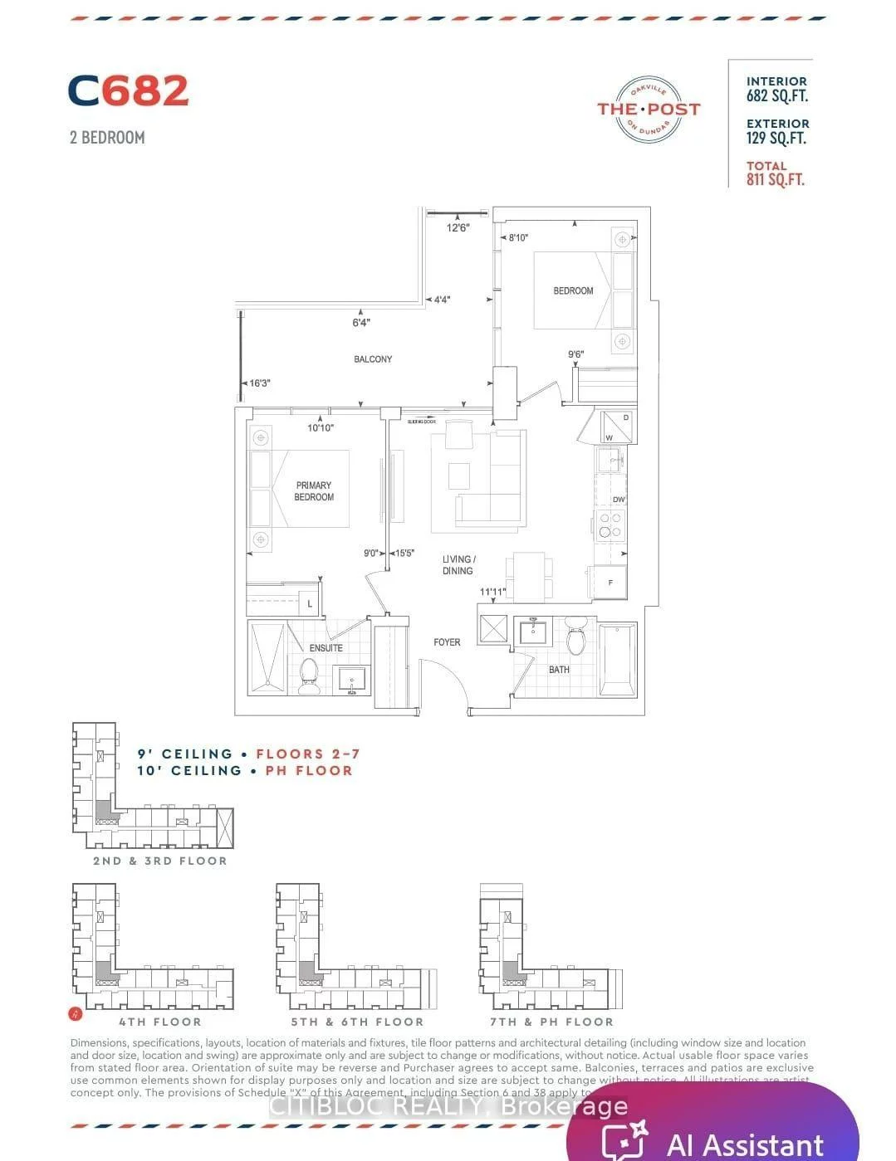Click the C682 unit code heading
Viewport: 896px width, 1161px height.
point(128,91)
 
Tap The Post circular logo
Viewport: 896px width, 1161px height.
point(649,110)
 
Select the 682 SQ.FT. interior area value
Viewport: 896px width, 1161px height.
point(776,96)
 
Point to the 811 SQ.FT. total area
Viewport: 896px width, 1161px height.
point(775,179)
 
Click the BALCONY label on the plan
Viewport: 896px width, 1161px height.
point(373,359)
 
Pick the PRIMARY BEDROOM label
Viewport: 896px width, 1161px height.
point(314,491)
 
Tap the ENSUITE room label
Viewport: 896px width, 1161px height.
point(326,648)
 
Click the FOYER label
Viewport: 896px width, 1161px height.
point(447,642)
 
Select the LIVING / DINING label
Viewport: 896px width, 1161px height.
point(458,565)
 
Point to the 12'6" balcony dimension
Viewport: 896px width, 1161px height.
point(458,227)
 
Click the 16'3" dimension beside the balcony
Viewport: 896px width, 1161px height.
point(260,383)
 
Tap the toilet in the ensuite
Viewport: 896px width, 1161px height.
point(309,676)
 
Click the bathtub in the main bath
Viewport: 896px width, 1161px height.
point(617,660)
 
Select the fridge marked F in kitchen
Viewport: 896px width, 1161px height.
point(609,582)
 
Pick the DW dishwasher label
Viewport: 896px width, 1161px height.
point(619,500)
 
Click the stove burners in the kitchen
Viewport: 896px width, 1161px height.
point(611,525)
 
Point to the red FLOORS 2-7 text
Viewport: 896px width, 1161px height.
point(308,754)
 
